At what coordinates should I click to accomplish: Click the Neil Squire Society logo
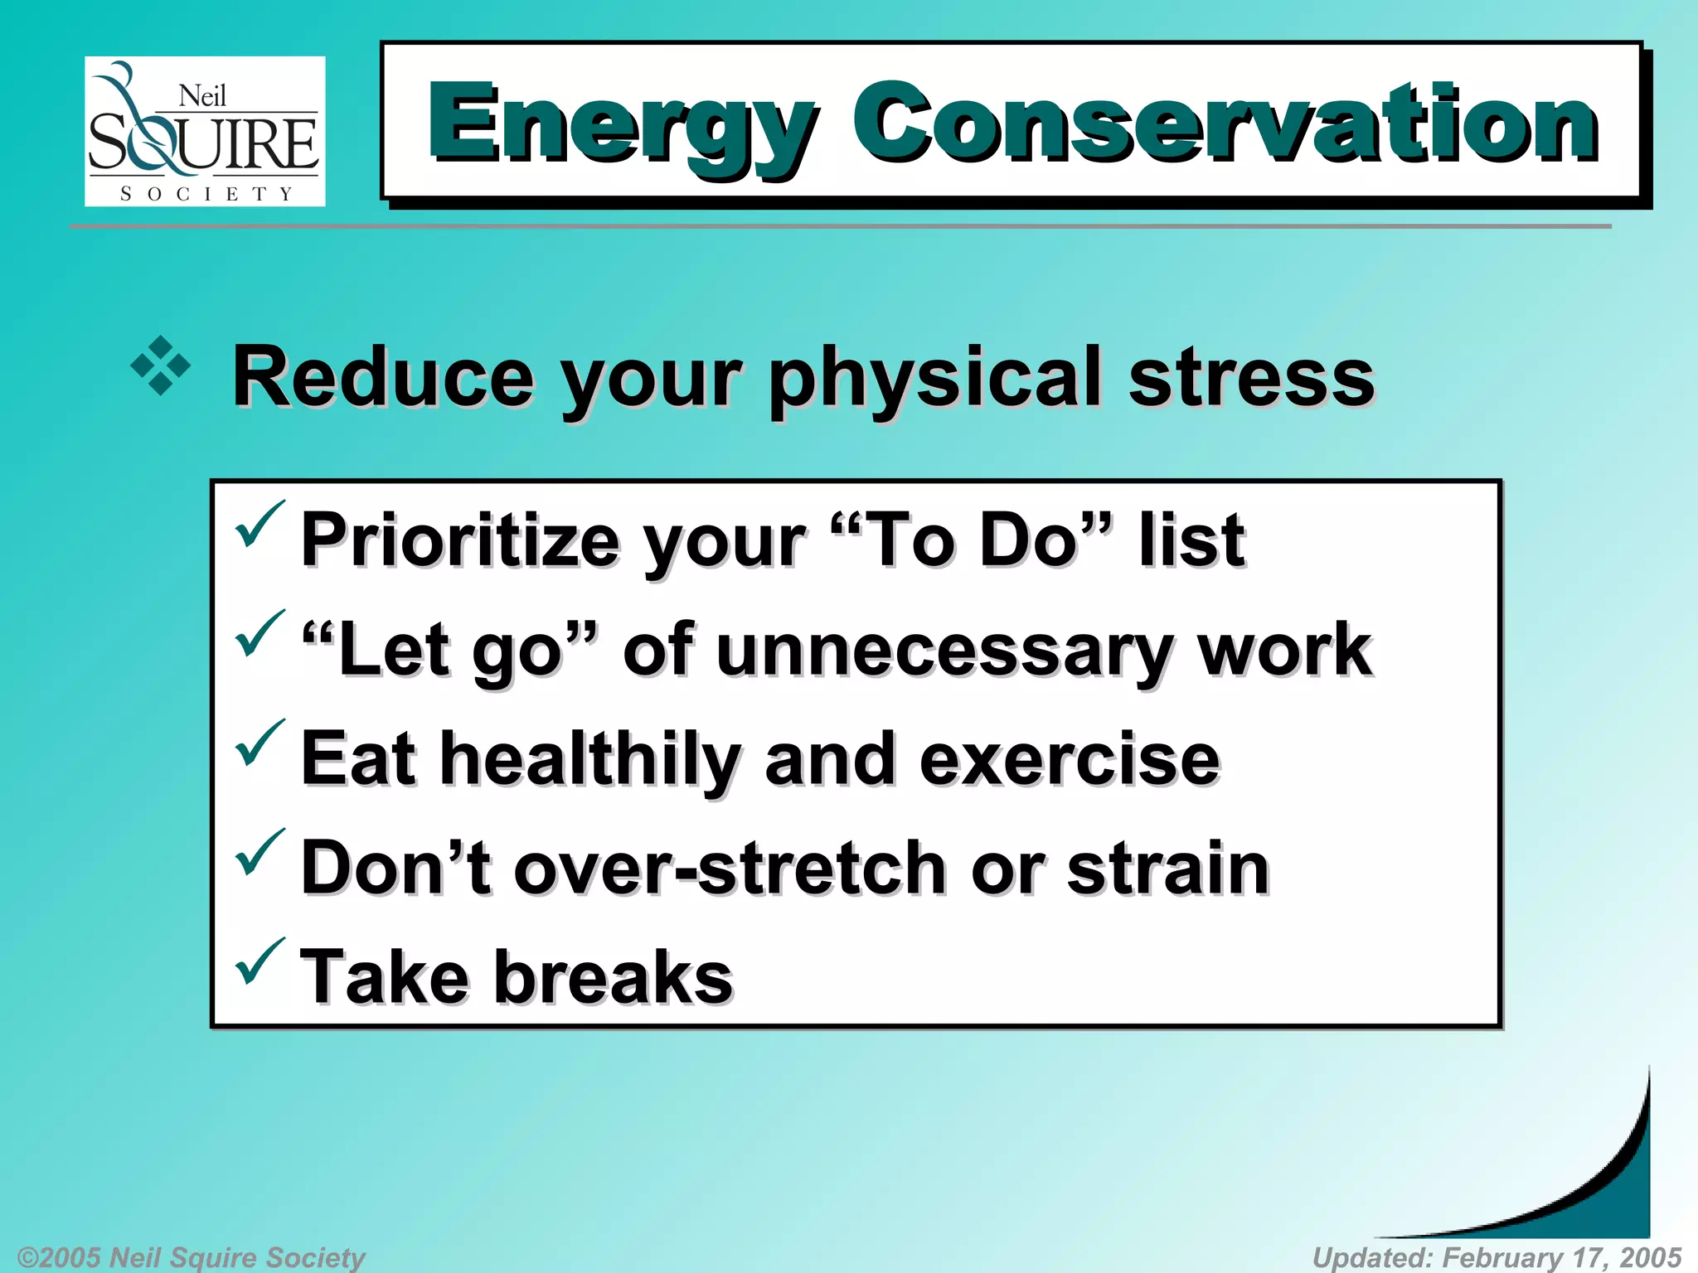point(204,131)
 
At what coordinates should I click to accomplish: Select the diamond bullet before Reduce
point(160,365)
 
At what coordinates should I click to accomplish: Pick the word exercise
point(1069,760)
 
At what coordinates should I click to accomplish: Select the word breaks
point(614,977)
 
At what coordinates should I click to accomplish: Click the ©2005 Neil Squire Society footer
point(191,1257)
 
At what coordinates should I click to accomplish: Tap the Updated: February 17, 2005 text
point(1497,1257)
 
